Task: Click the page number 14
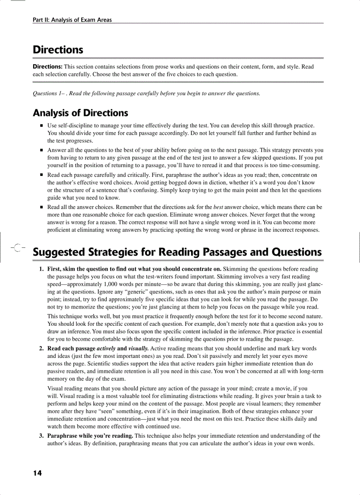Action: (x=37, y=473)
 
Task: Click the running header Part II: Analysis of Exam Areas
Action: (x=72, y=20)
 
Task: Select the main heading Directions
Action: (x=58, y=49)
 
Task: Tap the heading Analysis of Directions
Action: (x=80, y=113)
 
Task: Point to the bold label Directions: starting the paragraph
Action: (x=48, y=67)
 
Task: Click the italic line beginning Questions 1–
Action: (x=146, y=93)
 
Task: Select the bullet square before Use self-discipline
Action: (x=41, y=126)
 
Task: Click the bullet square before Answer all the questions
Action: (x=41, y=150)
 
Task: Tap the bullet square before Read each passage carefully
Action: (x=41, y=175)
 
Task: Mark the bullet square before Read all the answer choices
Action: (x=41, y=207)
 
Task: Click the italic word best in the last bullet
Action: (x=218, y=207)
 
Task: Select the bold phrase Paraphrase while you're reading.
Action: (x=90, y=436)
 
